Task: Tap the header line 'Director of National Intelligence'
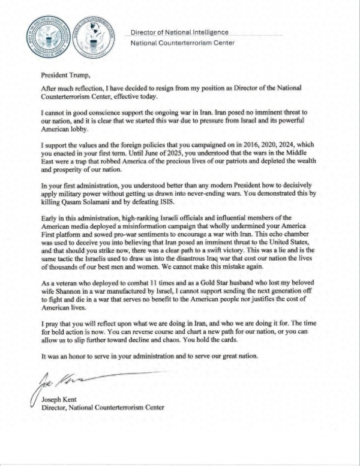point(179,32)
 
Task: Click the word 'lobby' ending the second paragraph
point(79,129)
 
